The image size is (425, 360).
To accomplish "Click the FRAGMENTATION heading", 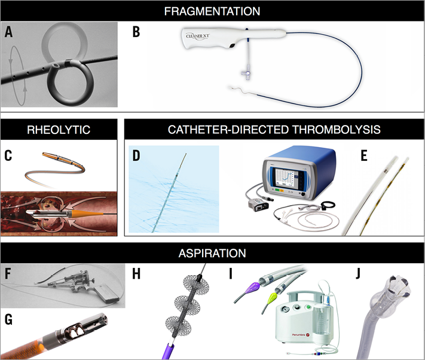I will [x=212, y=11].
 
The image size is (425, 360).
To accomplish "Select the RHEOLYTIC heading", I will [x=59, y=129].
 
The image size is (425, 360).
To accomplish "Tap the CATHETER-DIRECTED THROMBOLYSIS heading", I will [x=273, y=129].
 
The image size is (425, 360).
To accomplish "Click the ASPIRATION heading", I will [x=212, y=253].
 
